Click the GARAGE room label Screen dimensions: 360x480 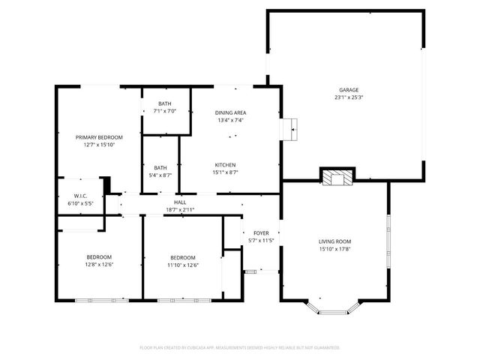coord(347,89)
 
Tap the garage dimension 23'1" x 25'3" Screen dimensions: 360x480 coord(347,97)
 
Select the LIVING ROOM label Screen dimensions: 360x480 coord(334,241)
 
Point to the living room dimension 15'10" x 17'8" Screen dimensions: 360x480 coord(334,249)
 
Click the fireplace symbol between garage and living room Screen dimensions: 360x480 coord(335,177)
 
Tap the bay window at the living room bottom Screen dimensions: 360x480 coord(334,307)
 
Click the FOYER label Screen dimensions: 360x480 coord(261,232)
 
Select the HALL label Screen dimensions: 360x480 coord(180,202)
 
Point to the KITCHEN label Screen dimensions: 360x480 coord(226,165)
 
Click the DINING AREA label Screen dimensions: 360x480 coord(230,112)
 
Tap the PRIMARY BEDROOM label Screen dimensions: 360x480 coord(98,137)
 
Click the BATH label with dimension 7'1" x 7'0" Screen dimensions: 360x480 coord(164,103)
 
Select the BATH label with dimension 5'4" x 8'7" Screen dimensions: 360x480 coord(160,168)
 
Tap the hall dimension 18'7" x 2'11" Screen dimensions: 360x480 coord(180,210)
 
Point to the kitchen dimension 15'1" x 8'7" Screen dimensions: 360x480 coord(226,172)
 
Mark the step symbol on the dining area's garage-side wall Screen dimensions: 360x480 coord(290,129)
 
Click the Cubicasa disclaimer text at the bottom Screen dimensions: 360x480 coord(240,347)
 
